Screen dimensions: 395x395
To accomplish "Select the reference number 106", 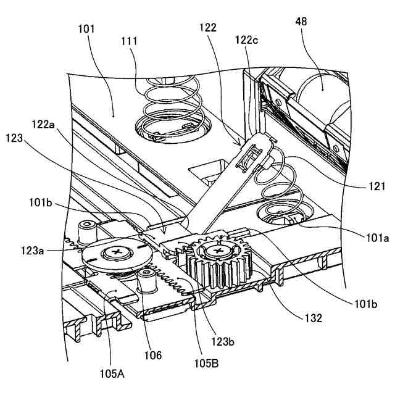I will coord(152,355).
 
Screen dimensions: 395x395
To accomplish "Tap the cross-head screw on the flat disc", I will coord(115,252).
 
